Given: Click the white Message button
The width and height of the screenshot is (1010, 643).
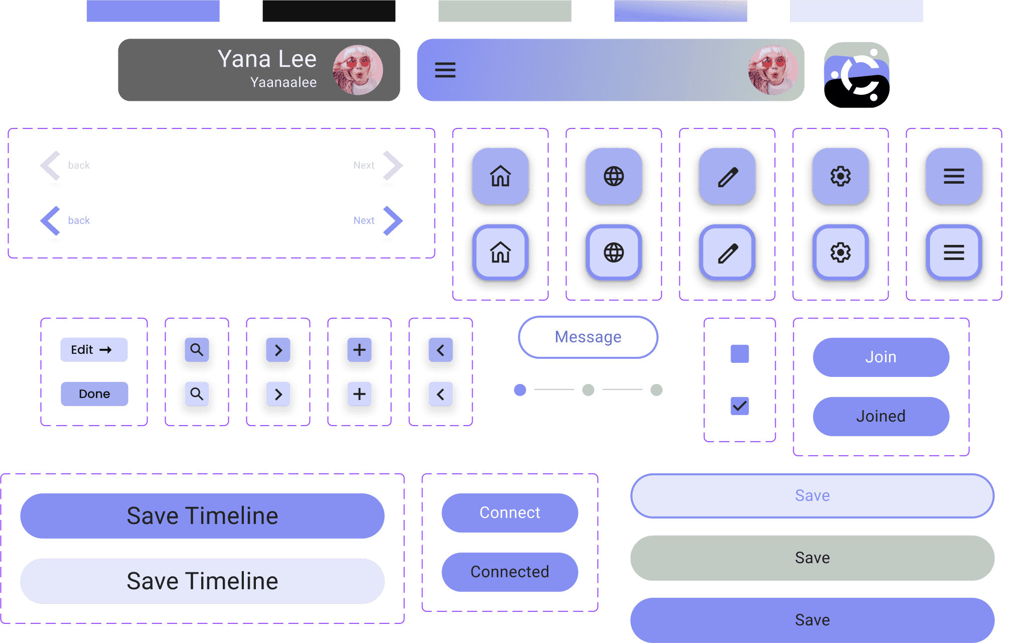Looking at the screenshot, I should tap(588, 337).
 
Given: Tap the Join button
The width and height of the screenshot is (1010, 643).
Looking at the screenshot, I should tap(881, 357).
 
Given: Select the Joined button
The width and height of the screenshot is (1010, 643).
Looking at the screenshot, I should tap(881, 416).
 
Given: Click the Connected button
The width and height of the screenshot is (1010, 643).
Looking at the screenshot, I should tap(509, 572).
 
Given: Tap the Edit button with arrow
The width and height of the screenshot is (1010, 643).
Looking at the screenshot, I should tap(94, 350).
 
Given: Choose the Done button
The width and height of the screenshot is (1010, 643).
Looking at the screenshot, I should tap(94, 394).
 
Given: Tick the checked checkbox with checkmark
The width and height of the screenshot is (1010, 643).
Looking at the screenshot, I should tap(740, 406).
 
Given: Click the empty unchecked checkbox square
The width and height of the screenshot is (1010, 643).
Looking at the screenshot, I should tap(740, 354).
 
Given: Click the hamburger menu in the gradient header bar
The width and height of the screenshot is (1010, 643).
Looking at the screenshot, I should tap(445, 70).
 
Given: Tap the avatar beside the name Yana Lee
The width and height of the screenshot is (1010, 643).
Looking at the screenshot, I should tap(358, 70).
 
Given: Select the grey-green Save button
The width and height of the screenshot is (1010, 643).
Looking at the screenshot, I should tap(812, 558).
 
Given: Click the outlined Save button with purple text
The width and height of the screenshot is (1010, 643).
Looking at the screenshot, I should tap(812, 495).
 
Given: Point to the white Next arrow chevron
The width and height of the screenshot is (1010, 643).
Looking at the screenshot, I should tap(392, 165).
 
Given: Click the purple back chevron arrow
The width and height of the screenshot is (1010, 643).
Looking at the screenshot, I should tap(51, 220).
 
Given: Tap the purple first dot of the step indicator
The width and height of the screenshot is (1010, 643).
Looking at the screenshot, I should tap(520, 390).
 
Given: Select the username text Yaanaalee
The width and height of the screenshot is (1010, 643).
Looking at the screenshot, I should tap(283, 82).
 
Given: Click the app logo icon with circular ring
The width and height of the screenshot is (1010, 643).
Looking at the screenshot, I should tap(856, 75).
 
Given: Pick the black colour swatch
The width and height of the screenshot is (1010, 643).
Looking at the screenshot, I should tap(329, 11).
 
